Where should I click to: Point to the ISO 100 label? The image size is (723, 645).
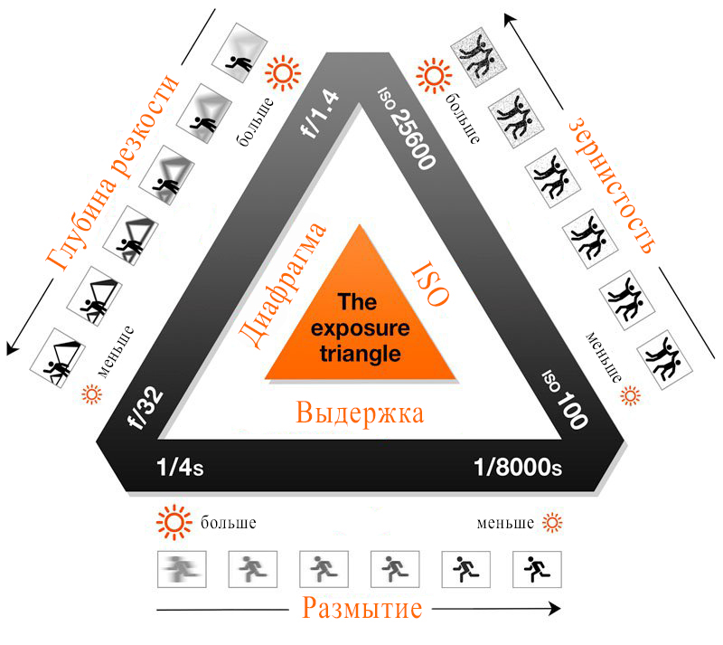tap(564, 398)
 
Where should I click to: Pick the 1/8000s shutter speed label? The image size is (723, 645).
tap(518, 468)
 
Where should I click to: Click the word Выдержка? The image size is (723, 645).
tap(361, 415)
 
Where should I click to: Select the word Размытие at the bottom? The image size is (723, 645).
tap(361, 608)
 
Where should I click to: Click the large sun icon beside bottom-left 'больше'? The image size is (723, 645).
tap(174, 523)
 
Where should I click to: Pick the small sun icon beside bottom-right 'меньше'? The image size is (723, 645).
tap(551, 523)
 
